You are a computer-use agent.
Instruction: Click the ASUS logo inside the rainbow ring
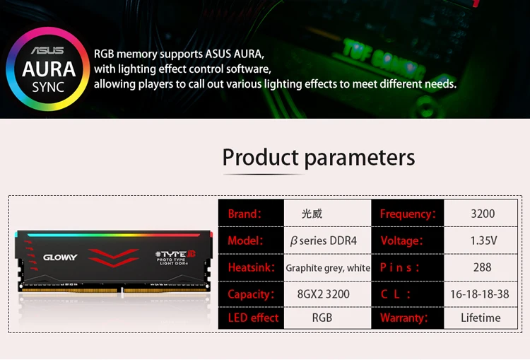(47, 50)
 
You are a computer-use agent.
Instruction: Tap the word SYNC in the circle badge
(48, 87)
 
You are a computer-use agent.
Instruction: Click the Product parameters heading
(319, 158)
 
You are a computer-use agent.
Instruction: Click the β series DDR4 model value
(323, 240)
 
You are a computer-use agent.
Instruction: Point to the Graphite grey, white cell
(328, 267)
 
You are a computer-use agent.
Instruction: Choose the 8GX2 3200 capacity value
(324, 294)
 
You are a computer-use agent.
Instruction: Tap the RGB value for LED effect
(322, 318)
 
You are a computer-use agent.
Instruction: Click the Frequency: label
(408, 214)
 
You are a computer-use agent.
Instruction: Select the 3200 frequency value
(483, 214)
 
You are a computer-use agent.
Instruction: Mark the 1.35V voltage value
(483, 240)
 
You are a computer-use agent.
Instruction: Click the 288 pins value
(483, 267)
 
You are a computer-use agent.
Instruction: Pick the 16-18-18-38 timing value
(480, 294)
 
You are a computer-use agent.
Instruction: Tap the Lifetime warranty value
(481, 318)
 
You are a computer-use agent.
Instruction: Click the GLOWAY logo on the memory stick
(60, 257)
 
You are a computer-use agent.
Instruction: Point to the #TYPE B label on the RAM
(175, 254)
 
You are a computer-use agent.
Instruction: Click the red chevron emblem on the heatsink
(113, 258)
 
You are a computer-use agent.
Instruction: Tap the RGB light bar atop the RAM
(114, 235)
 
